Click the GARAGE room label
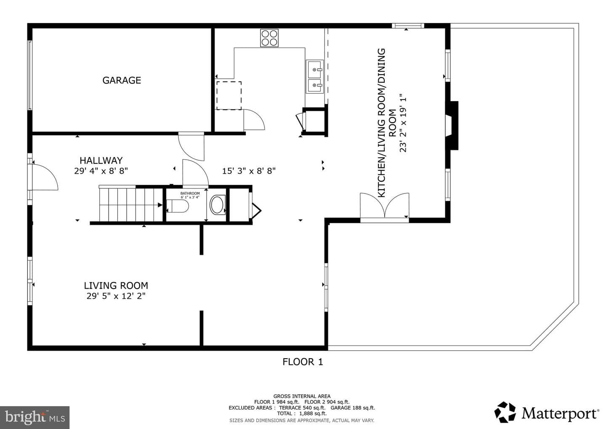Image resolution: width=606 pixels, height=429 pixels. point(122,80)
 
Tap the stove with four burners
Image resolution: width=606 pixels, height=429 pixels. point(269,38)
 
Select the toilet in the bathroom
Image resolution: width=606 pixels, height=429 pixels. point(178,206)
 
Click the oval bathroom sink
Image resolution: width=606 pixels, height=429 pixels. point(218,205)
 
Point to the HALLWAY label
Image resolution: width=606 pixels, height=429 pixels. point(101,160)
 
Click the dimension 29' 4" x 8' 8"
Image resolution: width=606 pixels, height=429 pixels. point(101,171)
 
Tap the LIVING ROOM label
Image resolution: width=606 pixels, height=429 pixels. point(116,285)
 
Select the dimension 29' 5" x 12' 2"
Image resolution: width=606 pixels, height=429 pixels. point(116,296)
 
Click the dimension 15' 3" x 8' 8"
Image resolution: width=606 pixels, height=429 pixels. point(249,171)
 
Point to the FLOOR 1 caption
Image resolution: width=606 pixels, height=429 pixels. point(303,362)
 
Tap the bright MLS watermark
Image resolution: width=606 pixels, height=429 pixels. point(35,417)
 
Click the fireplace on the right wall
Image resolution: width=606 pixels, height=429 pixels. point(452,126)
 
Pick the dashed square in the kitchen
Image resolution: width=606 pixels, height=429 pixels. point(229,96)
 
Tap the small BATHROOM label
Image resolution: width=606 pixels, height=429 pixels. point(190,193)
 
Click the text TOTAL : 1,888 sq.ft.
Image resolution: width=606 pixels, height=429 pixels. point(302,413)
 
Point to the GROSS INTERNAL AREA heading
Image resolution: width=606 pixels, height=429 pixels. point(302,396)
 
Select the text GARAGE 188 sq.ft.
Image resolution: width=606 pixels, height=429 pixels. point(353,408)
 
